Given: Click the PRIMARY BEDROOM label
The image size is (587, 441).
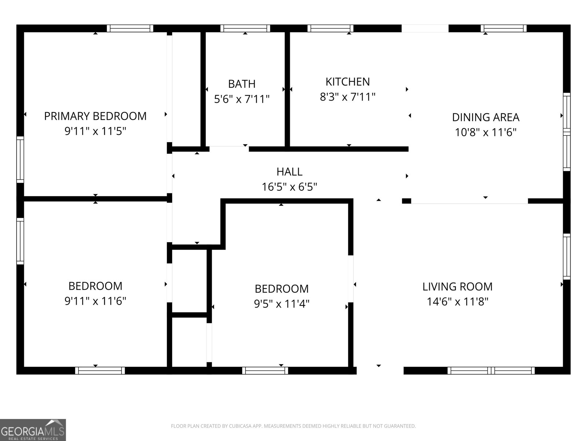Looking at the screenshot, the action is (95, 116).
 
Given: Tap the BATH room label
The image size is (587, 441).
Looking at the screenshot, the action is (242, 84).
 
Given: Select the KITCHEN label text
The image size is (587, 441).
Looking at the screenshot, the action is (348, 82).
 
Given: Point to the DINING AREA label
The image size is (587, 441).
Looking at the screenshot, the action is (486, 117).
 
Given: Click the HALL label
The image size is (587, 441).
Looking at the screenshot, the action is (289, 172).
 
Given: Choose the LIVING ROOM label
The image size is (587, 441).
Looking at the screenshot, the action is (457, 287).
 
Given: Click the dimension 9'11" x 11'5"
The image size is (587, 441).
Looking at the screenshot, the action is (95, 131).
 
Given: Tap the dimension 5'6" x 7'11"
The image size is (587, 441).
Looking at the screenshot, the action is (242, 99).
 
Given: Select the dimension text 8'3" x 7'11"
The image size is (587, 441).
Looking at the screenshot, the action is (348, 97).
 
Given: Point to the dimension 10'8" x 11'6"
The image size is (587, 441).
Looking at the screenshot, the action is (486, 132).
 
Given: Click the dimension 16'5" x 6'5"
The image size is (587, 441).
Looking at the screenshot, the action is (289, 187).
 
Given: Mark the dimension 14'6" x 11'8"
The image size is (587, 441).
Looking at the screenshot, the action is (457, 302).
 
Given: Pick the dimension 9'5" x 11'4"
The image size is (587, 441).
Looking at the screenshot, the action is (282, 304).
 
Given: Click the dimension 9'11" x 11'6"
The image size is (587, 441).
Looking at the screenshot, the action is (95, 301).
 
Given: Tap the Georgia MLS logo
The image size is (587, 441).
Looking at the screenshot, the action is (33, 430).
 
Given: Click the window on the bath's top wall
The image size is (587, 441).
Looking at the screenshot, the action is (245, 28).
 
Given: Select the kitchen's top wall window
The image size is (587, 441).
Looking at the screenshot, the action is (330, 28).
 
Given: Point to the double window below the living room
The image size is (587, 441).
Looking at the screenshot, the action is (491, 370).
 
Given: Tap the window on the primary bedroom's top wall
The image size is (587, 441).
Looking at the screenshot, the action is (130, 28).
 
